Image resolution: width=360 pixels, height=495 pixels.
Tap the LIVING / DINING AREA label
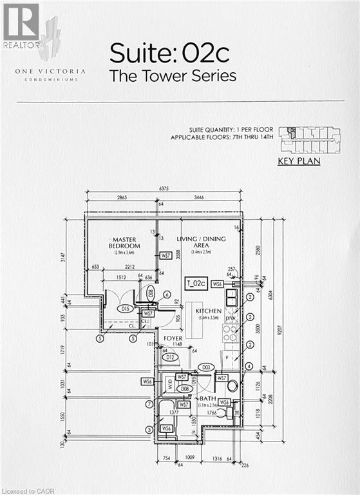pyautogui.click(x=201, y=242)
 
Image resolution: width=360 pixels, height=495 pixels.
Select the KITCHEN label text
pyautogui.click(x=208, y=311)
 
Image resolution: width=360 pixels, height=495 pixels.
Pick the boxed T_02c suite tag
pyautogui.click(x=195, y=283)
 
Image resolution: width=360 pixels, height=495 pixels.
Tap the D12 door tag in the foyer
pyautogui.click(x=171, y=357)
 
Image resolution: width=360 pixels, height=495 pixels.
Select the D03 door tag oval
pyautogui.click(x=207, y=367)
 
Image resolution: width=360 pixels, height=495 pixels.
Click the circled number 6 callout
pyautogui.click(x=167, y=294)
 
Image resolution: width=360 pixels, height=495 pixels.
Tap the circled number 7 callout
pyautogui.click(x=149, y=404)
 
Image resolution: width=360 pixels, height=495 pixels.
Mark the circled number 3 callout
pyautogui.click(x=149, y=430)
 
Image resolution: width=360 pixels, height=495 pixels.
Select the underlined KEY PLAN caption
pyautogui.click(x=298, y=161)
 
